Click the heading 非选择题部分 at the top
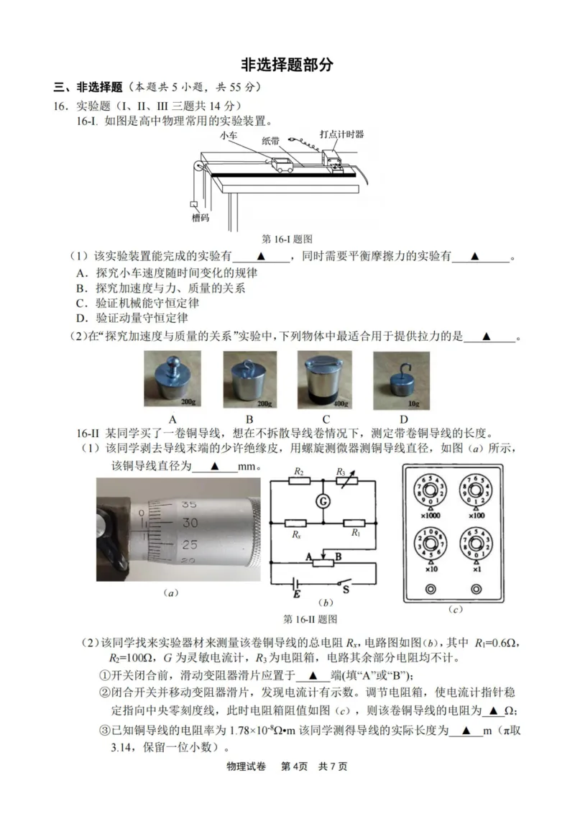pos(287,64)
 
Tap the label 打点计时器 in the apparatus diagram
pos(341,134)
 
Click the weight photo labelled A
pos(172,380)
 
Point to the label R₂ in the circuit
pos(298,472)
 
